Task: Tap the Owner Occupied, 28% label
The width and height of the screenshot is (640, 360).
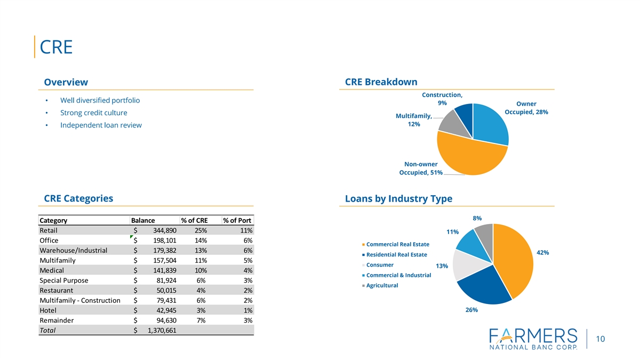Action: coord(526,108)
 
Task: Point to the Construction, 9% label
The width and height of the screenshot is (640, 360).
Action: coord(442,99)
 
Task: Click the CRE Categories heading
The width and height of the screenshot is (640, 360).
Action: coord(78,198)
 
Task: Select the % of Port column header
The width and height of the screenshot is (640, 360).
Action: coord(237,221)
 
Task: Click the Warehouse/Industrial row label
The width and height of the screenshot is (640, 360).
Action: coord(74,251)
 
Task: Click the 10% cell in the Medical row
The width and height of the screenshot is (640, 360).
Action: coord(199,270)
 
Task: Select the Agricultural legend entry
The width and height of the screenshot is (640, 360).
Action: coord(382,285)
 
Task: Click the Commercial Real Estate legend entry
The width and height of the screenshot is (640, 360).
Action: coord(397,244)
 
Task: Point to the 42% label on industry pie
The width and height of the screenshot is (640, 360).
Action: coord(542,252)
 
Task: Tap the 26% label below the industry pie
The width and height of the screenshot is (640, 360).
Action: coord(471,310)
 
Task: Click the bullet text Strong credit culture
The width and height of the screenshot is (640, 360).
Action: coord(94,113)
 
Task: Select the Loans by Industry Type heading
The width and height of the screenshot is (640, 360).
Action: coord(398,199)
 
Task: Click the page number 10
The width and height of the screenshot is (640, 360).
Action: coord(601,339)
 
